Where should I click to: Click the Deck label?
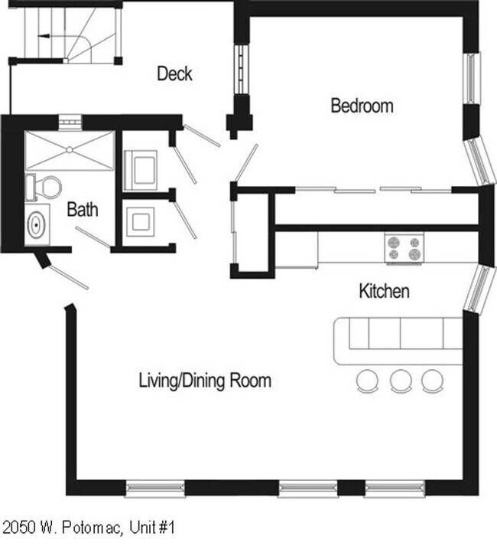pyautogui.click(x=174, y=74)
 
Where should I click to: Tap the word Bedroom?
pyautogui.click(x=362, y=106)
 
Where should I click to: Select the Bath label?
pyautogui.click(x=83, y=209)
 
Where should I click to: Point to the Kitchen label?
pyautogui.click(x=384, y=291)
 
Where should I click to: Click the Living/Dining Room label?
pyautogui.click(x=205, y=381)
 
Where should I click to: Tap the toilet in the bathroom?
pyautogui.click(x=44, y=187)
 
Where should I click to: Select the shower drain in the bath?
pyautogui.click(x=70, y=150)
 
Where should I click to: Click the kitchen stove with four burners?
pyautogui.click(x=404, y=248)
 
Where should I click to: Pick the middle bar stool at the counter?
pyautogui.click(x=401, y=381)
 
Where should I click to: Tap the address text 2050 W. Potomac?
pyautogui.click(x=62, y=528)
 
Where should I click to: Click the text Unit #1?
pyautogui.click(x=152, y=528)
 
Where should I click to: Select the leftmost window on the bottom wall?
pyautogui.click(x=155, y=488)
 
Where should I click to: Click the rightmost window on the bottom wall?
pyautogui.click(x=395, y=488)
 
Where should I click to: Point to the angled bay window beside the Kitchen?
pyautogui.click(x=480, y=288)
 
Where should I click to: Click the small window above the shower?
pyautogui.click(x=70, y=122)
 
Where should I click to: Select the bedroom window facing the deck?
pyautogui.click(x=242, y=69)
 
